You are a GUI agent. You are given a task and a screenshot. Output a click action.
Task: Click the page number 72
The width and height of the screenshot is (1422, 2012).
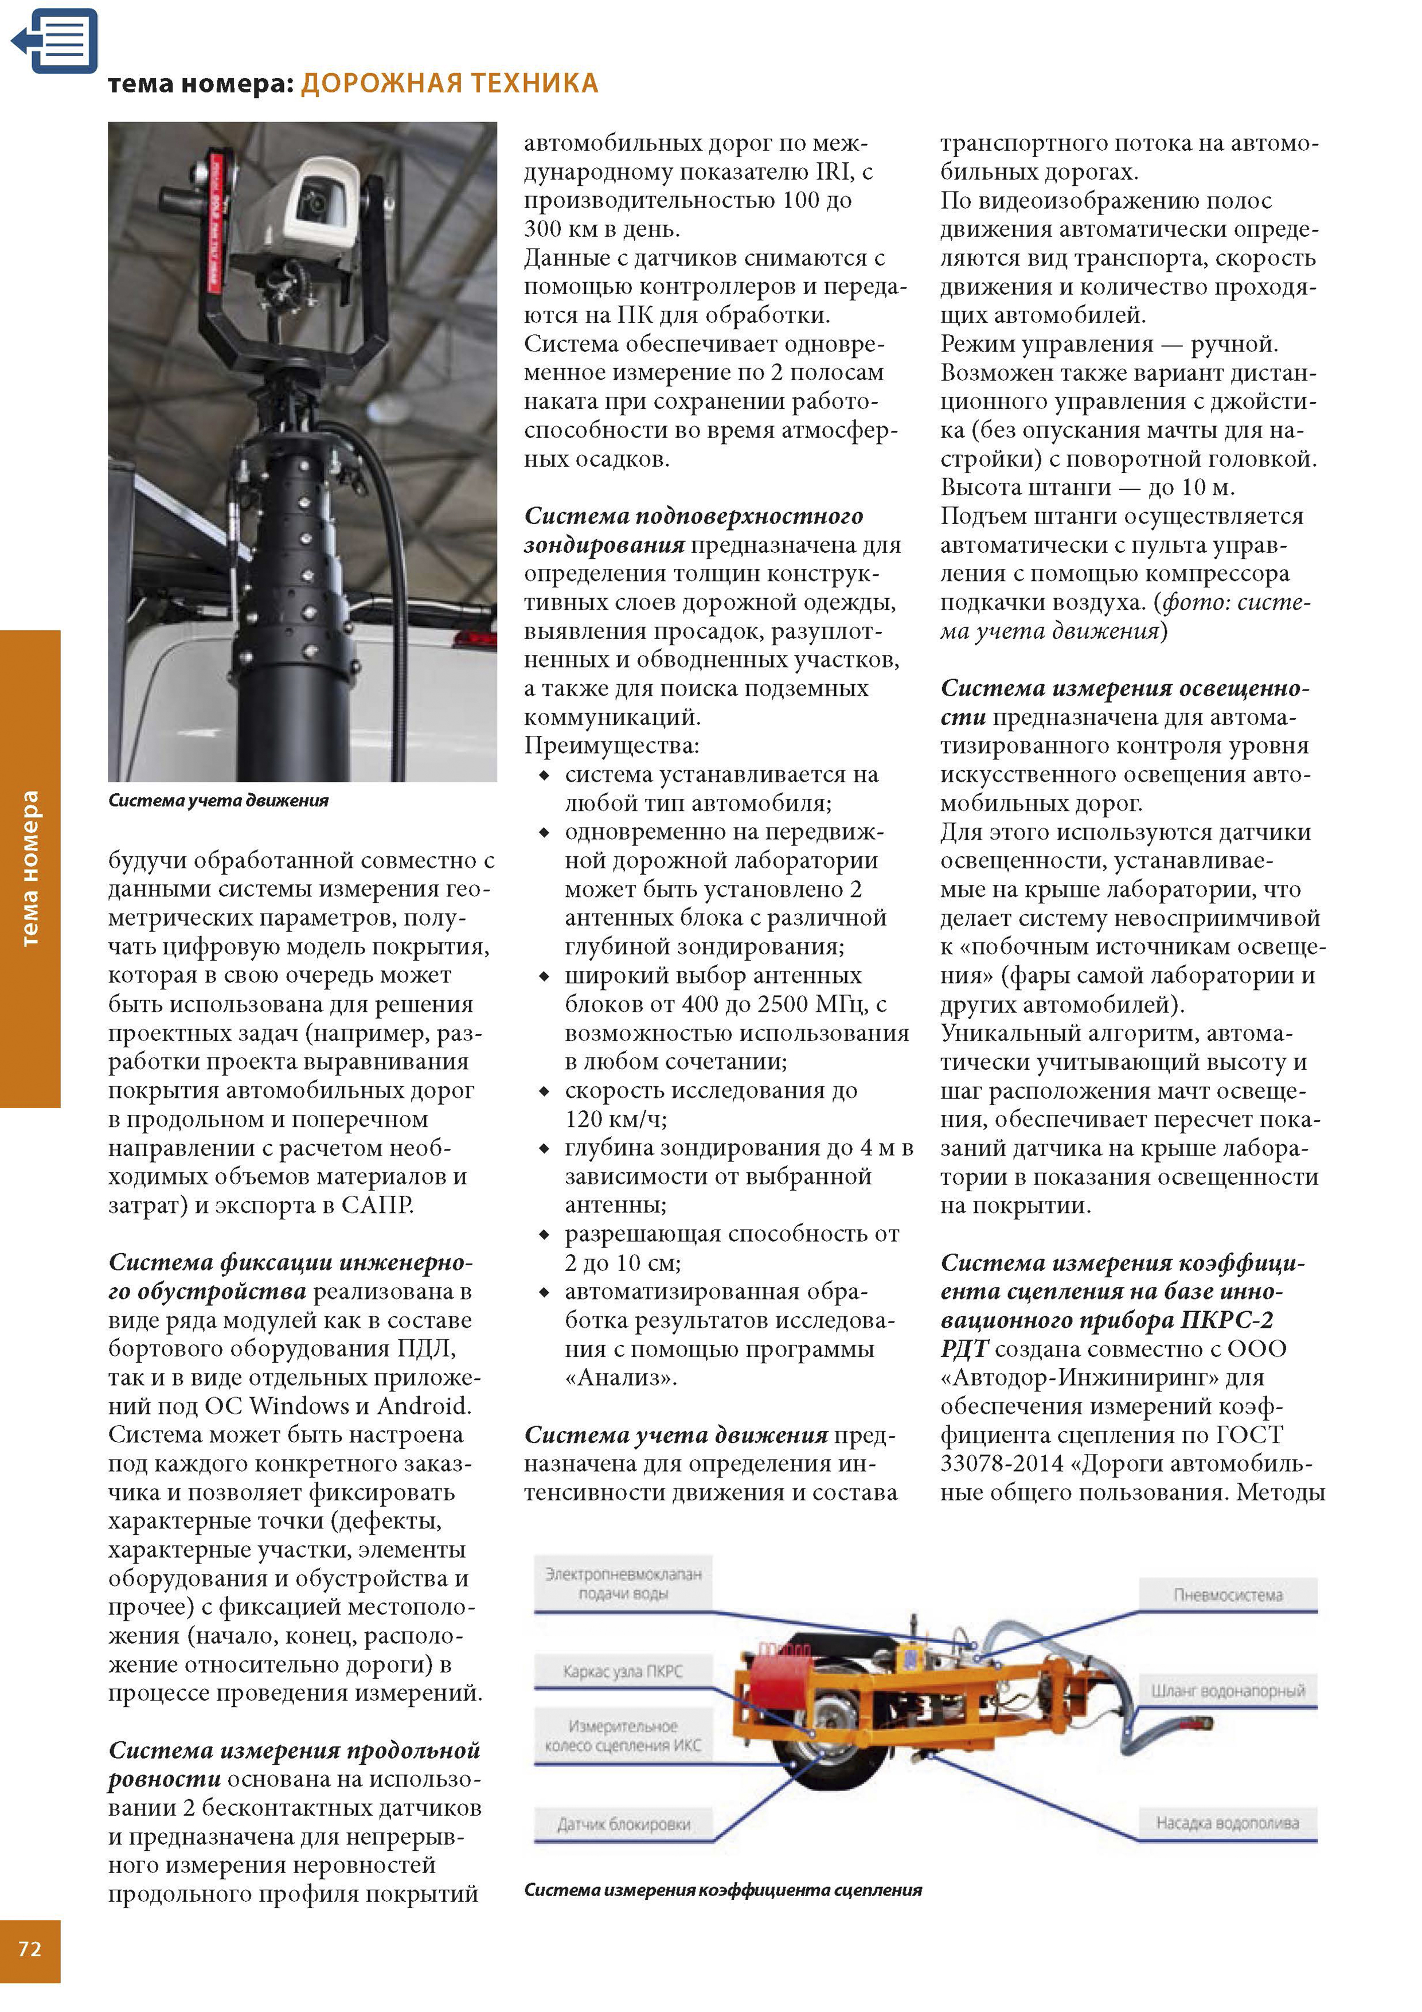tap(30, 1948)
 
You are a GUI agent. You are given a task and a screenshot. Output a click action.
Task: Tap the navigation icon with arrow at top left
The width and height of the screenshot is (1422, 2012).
tap(55, 40)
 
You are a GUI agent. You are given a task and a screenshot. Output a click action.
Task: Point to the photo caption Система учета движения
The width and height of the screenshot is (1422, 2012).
tap(218, 800)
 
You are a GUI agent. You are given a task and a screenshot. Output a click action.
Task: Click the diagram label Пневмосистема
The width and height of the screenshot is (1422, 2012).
tap(1228, 1595)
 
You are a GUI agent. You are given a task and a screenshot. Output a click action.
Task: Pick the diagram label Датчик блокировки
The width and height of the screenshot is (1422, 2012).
tap(624, 1824)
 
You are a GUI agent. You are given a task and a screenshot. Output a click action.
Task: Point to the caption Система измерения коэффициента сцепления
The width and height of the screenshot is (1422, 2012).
tap(723, 1890)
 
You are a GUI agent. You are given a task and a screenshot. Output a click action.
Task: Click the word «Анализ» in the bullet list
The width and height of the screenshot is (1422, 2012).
tap(620, 1378)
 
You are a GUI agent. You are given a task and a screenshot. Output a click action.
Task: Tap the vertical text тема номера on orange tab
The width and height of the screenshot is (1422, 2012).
tap(30, 868)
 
